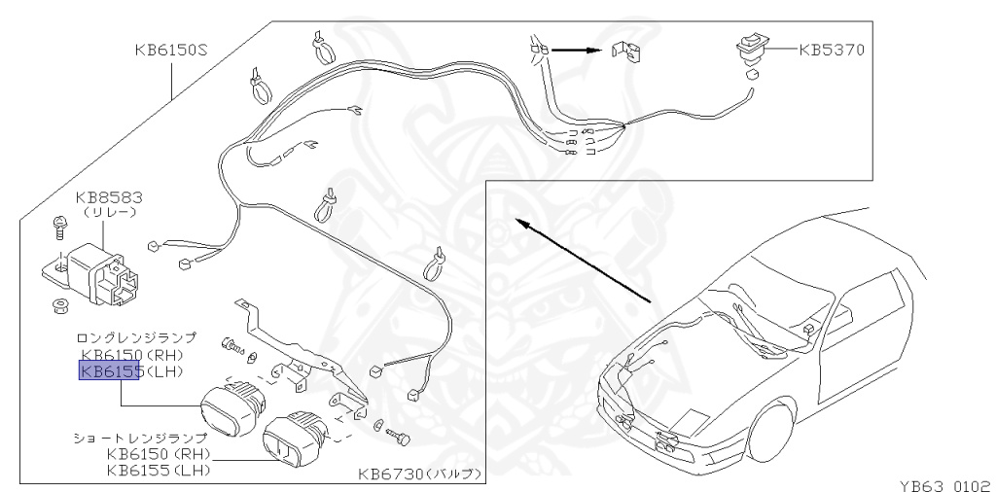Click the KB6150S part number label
point(171,50)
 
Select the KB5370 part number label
point(832,50)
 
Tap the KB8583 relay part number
point(109,197)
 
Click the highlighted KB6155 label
point(109,370)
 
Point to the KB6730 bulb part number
point(388,474)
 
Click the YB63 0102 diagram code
point(944,485)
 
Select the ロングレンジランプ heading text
point(136,337)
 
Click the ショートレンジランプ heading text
point(140,438)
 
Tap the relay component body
point(101,274)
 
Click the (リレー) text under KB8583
point(109,213)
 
